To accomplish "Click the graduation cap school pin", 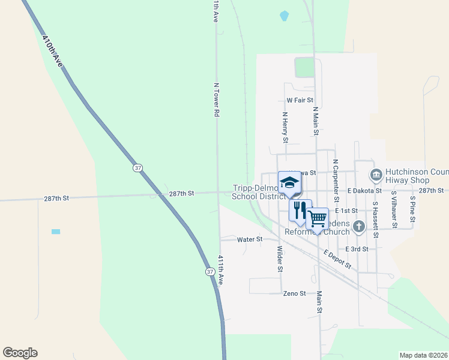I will (x=289, y=182).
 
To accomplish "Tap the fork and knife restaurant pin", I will (x=299, y=210).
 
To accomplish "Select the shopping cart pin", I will (x=317, y=218).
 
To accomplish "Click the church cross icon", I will (x=359, y=226).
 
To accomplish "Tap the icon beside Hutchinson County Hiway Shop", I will (x=376, y=175).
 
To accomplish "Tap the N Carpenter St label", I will (x=336, y=181).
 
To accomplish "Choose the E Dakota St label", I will (x=364, y=190).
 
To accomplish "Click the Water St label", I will (x=250, y=239).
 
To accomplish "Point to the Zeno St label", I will (x=295, y=293).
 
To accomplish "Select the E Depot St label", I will (x=337, y=259).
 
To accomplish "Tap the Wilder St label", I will (x=279, y=258).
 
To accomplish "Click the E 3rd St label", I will (x=357, y=248).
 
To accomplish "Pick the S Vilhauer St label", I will (x=394, y=209).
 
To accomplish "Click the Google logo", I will (x=20, y=353).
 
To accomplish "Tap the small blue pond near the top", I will (x=284, y=16).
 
